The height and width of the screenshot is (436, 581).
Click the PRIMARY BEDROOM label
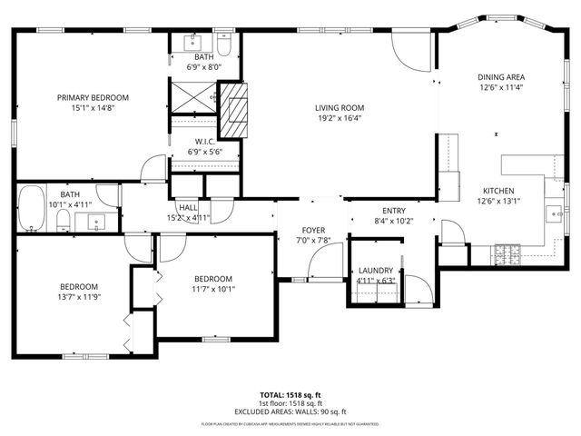pyautogui.click(x=93, y=97)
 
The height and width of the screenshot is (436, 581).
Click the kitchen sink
pyautogui.click(x=554, y=214)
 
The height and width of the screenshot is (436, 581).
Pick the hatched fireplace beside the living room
pyautogui.click(x=234, y=111)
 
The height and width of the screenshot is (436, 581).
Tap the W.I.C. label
pyautogui.click(x=204, y=142)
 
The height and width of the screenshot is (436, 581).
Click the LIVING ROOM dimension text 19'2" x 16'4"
pyautogui.click(x=340, y=117)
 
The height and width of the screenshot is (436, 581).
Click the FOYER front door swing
pyautogui.click(x=320, y=264)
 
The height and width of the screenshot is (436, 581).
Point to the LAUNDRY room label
pyautogui.click(x=375, y=270)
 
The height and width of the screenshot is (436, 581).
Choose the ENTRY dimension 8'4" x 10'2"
pyautogui.click(x=393, y=221)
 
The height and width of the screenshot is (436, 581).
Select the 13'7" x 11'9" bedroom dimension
pyautogui.click(x=78, y=296)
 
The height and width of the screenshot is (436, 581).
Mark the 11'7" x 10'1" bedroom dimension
pyautogui.click(x=212, y=290)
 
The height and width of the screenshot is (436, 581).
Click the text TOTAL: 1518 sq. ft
pyautogui.click(x=290, y=395)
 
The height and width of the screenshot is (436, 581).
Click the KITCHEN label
pyautogui.click(x=497, y=191)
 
